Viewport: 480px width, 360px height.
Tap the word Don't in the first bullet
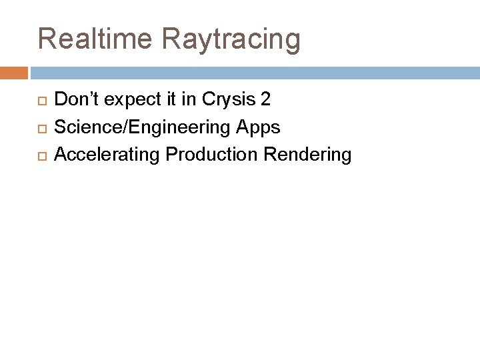pos(77,100)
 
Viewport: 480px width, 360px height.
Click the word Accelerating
pos(107,155)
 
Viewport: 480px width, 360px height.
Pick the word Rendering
pos(307,155)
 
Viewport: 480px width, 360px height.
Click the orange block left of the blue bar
pos(14,71)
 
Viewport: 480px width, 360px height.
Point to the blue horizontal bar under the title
pos(253,71)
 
